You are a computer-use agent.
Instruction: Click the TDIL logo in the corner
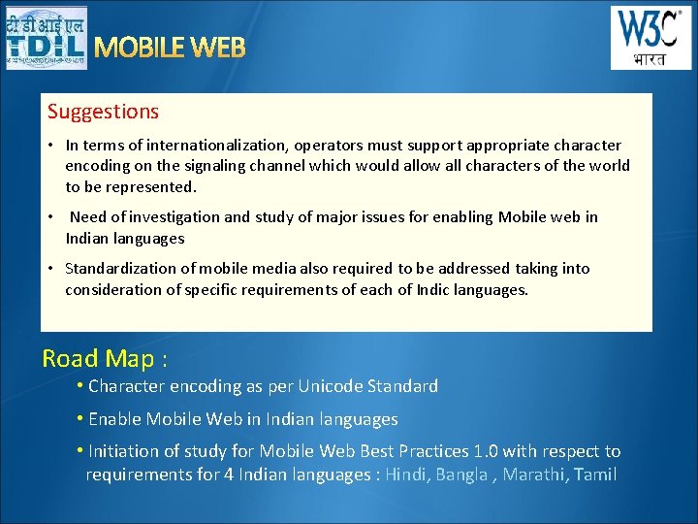pos(46,38)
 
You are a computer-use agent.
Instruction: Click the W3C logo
pos(650,38)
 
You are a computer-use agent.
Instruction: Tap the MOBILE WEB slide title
pos(170,48)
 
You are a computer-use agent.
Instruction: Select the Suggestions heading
pos(103,112)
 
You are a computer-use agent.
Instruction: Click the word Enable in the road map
pos(113,419)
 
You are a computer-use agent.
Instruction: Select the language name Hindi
pos(407,475)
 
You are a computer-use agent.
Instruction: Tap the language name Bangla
pos(461,475)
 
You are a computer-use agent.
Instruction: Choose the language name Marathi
pos(537,475)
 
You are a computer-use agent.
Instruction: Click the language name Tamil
pos(595,475)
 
